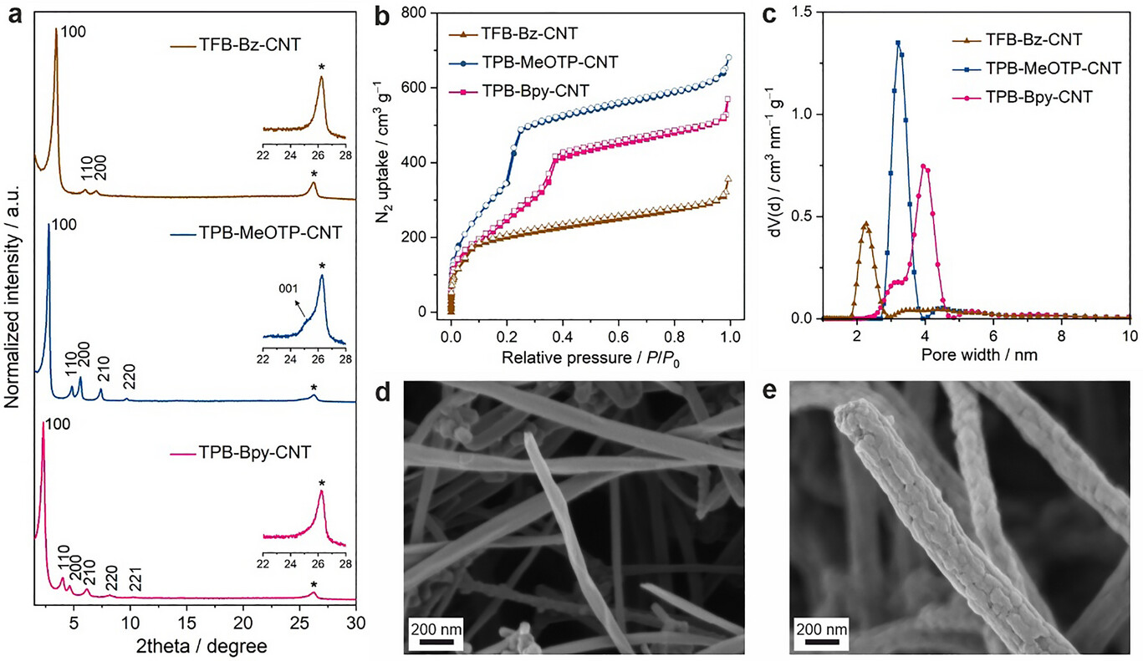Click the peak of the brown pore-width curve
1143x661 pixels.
(x=865, y=223)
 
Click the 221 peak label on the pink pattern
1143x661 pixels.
(x=135, y=579)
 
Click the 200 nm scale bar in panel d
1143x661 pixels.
(x=431, y=634)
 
